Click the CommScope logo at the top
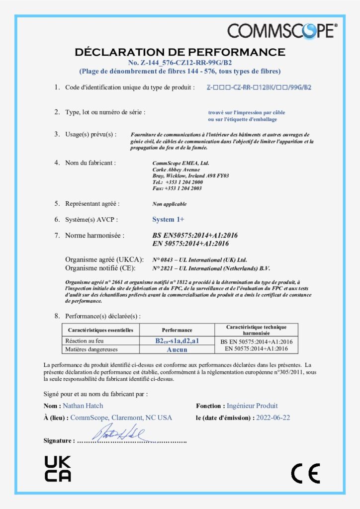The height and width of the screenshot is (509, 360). point(282,30)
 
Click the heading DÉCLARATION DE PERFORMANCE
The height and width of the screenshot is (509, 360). point(180,52)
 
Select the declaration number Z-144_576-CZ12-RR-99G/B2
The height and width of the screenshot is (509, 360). point(180,63)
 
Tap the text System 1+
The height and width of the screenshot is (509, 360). point(168,219)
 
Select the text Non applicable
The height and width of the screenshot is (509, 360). point(170,204)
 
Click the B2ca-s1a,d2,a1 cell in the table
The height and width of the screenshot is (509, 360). point(177,341)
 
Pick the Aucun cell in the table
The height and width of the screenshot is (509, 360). point(177,349)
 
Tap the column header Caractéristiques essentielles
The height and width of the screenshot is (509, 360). point(100,330)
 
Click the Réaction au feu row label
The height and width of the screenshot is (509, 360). point(86,341)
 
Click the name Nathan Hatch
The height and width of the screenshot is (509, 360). point(83,406)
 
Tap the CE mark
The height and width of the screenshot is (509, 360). point(305,473)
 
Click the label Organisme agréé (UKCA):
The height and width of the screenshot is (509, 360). point(104,260)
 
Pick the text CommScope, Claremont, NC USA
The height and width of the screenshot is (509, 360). point(121,418)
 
